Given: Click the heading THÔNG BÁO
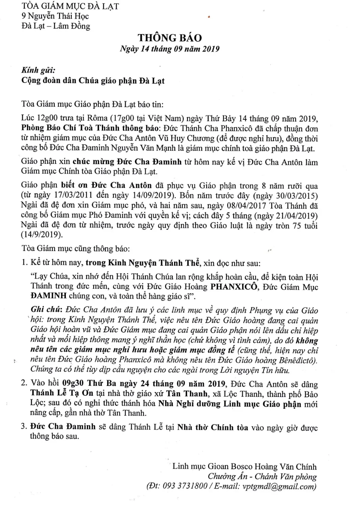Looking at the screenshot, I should tap(170, 38).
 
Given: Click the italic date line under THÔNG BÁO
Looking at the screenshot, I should tap(170, 50).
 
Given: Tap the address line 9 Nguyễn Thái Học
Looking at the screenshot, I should tap(56, 16).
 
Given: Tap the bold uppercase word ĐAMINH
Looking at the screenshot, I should tap(48, 297).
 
